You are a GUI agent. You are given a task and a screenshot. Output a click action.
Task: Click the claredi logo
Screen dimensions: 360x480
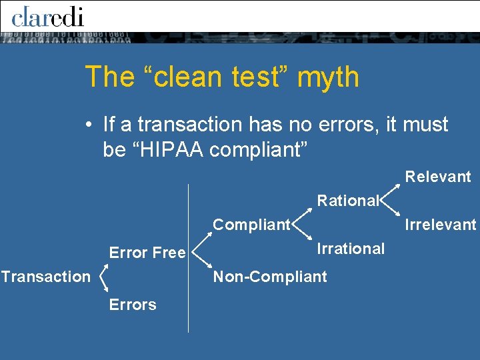47,16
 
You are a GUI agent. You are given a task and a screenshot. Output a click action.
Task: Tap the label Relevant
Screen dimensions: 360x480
438,177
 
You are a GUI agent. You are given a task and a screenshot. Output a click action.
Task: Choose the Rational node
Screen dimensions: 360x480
347,200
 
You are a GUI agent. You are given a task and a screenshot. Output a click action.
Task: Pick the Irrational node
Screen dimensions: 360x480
351,249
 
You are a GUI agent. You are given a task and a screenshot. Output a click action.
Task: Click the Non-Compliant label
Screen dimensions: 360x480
270,277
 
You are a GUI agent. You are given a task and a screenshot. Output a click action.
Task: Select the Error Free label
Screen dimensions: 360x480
147,253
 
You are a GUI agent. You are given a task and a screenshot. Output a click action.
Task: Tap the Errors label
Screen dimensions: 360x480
133,305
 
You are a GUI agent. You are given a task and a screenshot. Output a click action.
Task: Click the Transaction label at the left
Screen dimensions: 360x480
45,276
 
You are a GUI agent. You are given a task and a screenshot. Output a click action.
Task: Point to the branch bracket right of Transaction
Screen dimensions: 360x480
103,279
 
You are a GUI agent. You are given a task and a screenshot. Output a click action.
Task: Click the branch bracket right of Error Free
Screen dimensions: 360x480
199,254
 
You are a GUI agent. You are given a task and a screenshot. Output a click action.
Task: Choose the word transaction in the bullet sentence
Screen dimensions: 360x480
188,125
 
